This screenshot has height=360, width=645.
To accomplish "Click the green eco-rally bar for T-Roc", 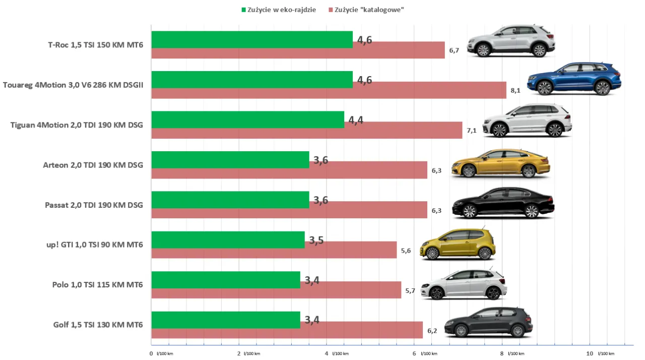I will [252, 39].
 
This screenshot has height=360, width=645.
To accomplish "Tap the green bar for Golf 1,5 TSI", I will [226, 320].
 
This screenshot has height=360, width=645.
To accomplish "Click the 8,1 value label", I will [515, 90].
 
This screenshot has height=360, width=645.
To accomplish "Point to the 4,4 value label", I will [356, 121].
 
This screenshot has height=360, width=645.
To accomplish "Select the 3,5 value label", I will [316, 240].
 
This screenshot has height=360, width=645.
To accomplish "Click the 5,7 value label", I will [410, 290].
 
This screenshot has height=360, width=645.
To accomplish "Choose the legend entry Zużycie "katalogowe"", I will [366, 10].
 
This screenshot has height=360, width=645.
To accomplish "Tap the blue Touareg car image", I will [574, 79].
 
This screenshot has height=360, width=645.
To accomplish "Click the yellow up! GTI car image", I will [458, 244].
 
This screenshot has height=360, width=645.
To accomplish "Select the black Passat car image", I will [503, 203].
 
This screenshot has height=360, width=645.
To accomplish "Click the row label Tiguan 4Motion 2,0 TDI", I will [77, 125].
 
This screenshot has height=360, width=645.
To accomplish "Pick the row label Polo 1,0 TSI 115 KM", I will [97, 285].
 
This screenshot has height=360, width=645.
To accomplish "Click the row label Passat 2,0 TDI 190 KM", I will [94, 205].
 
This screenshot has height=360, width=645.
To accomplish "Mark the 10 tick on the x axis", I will [590, 353].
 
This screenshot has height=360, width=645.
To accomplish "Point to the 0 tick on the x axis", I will [151, 353].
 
